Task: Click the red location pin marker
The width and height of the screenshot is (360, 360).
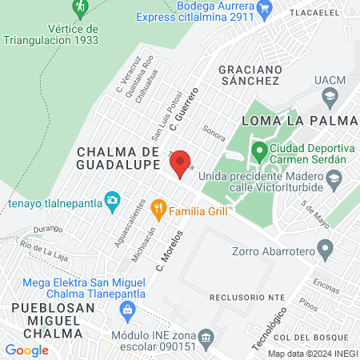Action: pyautogui.click(x=180, y=162)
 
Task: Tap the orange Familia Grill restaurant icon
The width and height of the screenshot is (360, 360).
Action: pyautogui.click(x=159, y=210)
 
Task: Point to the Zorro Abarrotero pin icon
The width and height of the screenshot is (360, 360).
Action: pyautogui.click(x=325, y=251)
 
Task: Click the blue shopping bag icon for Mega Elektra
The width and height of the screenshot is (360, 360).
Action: pyautogui.click(x=126, y=309)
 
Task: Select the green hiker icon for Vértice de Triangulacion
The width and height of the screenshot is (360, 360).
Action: pyautogui.click(x=80, y=9)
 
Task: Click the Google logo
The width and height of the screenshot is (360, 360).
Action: pyautogui.click(x=26, y=350)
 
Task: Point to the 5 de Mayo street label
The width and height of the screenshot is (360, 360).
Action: pyautogui.click(x=313, y=211)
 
